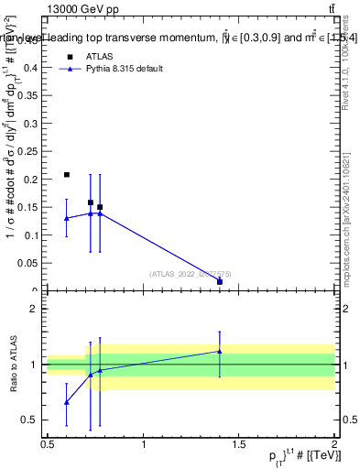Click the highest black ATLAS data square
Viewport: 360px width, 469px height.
(x=67, y=174)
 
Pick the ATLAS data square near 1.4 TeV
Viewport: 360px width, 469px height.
(x=220, y=281)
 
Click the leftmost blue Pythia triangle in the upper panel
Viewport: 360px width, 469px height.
(x=67, y=218)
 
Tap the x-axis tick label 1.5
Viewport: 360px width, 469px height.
(x=239, y=443)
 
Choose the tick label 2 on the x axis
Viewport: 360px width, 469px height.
(x=334, y=443)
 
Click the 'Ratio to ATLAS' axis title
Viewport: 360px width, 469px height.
(x=13, y=364)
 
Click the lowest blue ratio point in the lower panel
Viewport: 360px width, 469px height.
(x=67, y=402)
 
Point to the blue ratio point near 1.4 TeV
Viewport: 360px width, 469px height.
(x=220, y=351)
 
